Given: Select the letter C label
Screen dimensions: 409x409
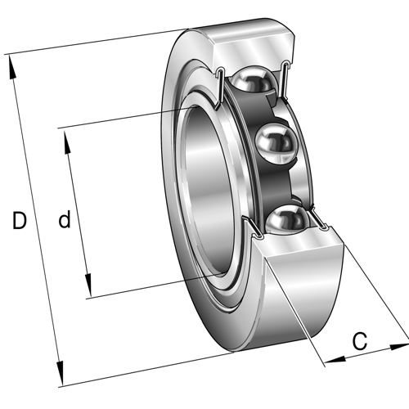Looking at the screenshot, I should [360, 342].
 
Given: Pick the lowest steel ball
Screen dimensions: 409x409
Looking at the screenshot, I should [287, 220].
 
